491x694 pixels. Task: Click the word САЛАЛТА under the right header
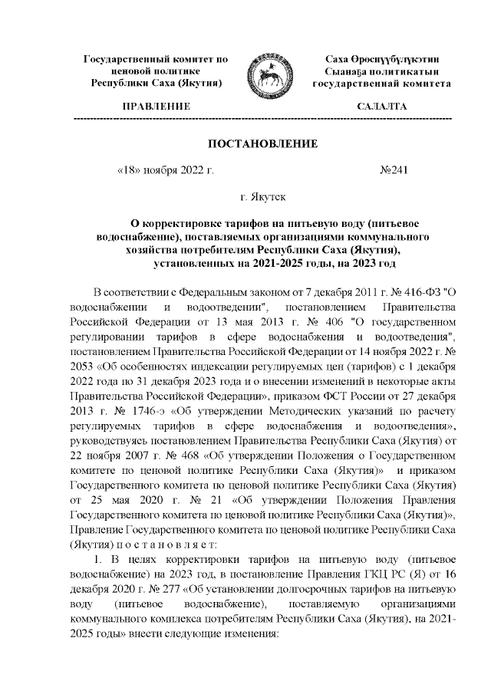(382, 106)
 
